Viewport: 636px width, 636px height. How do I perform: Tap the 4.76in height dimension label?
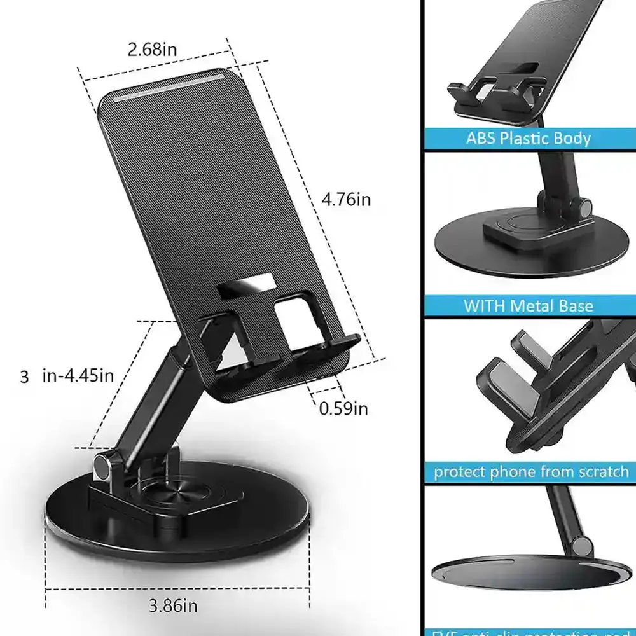(345, 200)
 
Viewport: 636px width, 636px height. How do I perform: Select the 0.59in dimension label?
(343, 408)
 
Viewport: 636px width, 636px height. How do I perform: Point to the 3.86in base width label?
(173, 605)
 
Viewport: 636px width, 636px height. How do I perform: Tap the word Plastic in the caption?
(529, 138)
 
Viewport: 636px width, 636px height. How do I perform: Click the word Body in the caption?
(572, 138)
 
